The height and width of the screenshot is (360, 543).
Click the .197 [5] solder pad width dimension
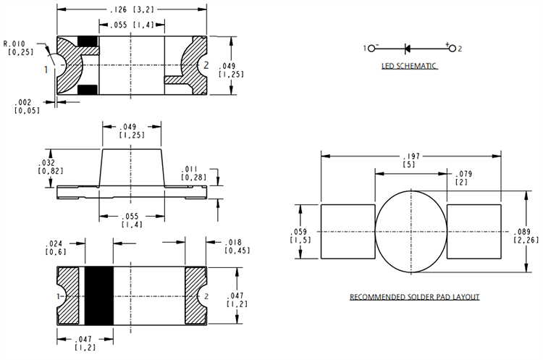(x=411, y=160)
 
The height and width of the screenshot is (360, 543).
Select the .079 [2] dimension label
(x=461, y=178)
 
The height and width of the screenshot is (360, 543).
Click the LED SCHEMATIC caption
(x=410, y=67)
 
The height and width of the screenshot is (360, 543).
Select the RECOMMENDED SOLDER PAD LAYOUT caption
(x=414, y=297)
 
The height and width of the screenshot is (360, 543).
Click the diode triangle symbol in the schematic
(x=406, y=49)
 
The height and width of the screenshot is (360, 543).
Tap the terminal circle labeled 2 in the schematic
(x=452, y=49)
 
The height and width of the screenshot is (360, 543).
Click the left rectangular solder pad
(x=347, y=231)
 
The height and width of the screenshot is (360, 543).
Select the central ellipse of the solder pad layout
(x=411, y=231)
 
